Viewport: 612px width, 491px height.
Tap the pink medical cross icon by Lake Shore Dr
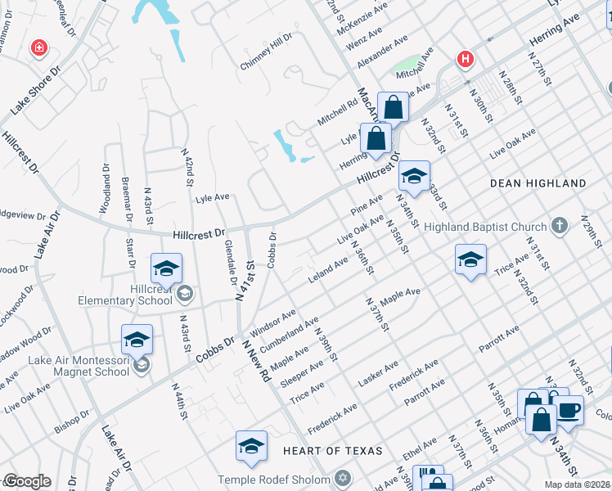(x=38, y=49)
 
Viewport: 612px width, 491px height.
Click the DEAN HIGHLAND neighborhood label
(x=538, y=183)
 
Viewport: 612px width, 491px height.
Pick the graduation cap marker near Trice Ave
(x=470, y=260)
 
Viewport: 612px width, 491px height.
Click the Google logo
(x=26, y=481)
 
